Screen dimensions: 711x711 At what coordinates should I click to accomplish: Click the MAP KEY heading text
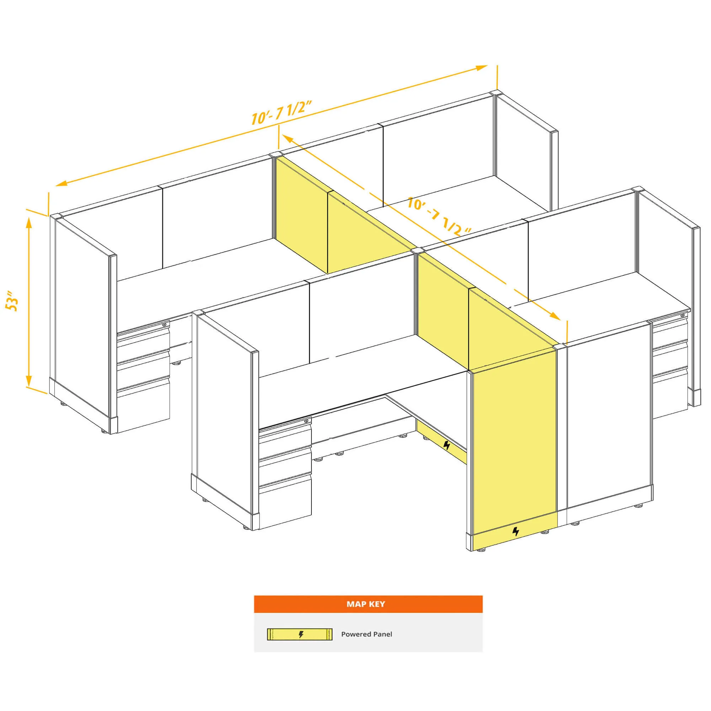pos(365,604)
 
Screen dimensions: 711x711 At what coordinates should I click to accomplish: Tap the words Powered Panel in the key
pos(367,634)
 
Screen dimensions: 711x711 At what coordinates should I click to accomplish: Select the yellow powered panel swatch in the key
pos(300,635)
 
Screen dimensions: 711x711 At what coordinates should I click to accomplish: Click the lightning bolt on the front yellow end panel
pos(515,531)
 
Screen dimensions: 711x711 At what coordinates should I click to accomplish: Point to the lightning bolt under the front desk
pos(447,445)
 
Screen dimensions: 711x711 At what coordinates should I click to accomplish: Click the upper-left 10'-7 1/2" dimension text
pos(282,113)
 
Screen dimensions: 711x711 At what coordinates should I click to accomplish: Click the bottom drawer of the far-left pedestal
pos(143,405)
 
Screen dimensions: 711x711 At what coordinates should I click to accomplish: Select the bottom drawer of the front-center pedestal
pos(285,503)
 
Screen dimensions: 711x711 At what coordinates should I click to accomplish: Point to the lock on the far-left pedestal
pos(165,325)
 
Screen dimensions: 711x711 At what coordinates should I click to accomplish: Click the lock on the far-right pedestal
pos(683,315)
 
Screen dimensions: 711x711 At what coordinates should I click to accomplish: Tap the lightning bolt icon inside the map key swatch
pos(301,635)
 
